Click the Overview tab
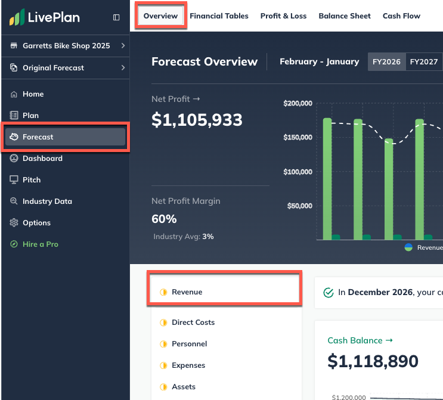click(160, 16)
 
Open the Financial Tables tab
click(219, 16)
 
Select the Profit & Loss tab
click(283, 16)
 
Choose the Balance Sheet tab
click(345, 16)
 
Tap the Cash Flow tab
click(401, 16)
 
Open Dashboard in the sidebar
click(42, 159)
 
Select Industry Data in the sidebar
click(47, 201)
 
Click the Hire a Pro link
click(40, 244)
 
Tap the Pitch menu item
click(32, 180)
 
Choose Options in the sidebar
click(36, 223)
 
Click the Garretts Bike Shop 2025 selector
click(66, 46)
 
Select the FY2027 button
click(424, 62)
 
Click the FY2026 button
click(386, 62)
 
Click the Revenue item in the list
click(187, 292)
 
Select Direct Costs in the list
click(193, 323)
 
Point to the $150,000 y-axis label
click(298, 138)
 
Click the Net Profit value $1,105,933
click(197, 120)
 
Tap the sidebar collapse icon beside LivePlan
click(116, 17)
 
